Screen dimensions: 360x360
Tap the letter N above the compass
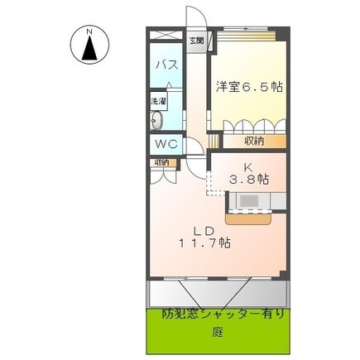[x=89, y=31]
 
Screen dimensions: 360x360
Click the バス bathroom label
[x=168, y=65]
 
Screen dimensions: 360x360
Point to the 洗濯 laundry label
[x=157, y=101]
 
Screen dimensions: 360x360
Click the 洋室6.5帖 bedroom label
[x=245, y=86]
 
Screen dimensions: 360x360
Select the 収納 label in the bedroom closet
[x=254, y=142]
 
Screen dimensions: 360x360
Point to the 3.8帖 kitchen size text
[x=248, y=178]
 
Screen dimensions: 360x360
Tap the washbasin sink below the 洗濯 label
[x=156, y=121]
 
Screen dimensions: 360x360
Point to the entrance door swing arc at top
[x=192, y=18]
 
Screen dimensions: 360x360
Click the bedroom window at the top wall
[x=246, y=31]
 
